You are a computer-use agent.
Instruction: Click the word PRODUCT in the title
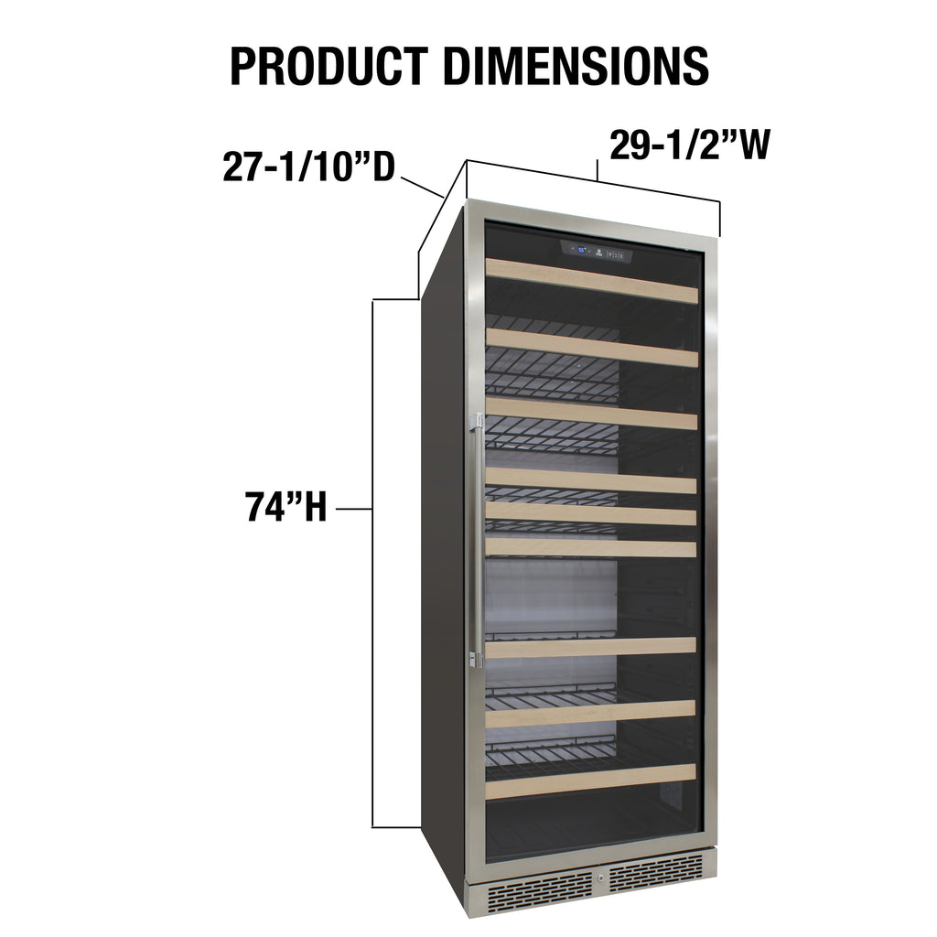(x=328, y=65)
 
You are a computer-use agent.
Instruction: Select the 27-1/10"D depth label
(x=308, y=167)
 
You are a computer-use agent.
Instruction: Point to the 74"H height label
(x=285, y=508)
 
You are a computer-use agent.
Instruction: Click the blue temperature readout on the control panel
(x=580, y=249)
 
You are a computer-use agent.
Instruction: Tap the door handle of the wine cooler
(x=476, y=540)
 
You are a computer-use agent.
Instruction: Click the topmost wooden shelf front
(x=591, y=281)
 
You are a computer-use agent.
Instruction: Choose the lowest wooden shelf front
(x=591, y=781)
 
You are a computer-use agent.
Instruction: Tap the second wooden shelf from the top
(x=591, y=348)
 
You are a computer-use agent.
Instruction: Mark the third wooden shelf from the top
(x=591, y=413)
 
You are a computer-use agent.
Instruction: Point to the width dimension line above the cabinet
(x=595, y=181)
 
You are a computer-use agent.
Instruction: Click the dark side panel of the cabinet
(x=443, y=567)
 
